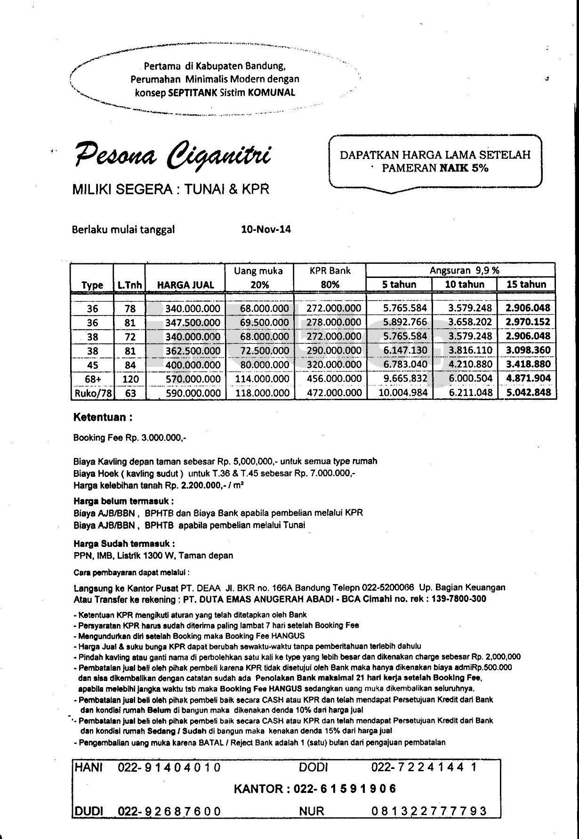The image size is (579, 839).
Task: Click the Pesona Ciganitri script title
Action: coord(172,156)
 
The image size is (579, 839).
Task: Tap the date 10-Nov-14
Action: coord(266,230)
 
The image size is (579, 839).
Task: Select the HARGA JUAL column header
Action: coord(185,285)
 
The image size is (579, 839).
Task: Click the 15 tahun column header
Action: coord(526,284)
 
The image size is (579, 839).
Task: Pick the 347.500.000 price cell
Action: coord(193,323)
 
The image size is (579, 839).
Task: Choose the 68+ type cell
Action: coord(93,379)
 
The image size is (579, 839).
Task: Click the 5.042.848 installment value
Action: coord(528,393)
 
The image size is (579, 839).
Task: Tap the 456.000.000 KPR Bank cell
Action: coord(334,379)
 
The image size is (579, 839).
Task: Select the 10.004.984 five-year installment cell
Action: coord(403,393)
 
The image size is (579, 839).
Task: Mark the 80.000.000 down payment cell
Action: coord(264,364)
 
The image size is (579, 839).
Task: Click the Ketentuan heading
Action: coord(103,418)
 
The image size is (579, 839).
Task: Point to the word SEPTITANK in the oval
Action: coord(193,93)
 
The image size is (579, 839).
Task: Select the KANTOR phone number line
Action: coord(315,789)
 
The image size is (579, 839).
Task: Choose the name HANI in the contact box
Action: coord(88,768)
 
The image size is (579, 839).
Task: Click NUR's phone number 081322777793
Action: coord(429,811)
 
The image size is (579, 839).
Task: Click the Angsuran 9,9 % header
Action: coord(464,270)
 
